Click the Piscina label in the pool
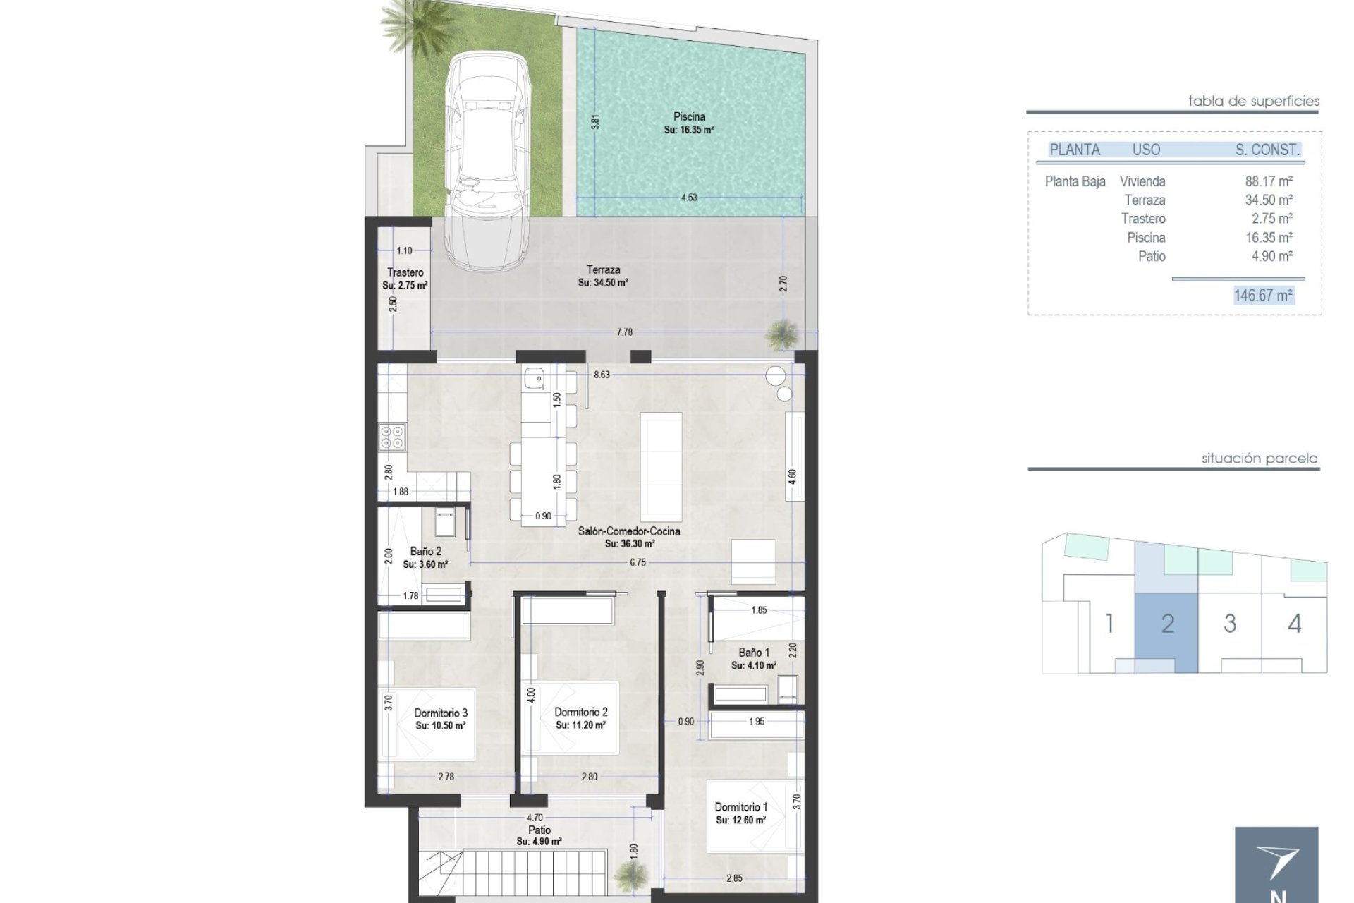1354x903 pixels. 689,117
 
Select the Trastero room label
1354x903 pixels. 405,273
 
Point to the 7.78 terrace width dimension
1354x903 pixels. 625,332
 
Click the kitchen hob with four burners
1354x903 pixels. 392,437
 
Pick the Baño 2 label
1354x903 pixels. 426,552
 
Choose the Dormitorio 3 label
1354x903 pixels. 441,713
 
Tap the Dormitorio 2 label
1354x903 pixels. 581,713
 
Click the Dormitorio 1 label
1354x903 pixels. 741,807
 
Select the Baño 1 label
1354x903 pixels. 754,653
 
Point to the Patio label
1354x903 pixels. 539,830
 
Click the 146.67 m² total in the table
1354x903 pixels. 1263,296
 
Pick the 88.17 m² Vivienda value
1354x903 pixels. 1269,182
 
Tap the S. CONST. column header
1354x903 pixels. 1267,150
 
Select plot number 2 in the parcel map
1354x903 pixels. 1168,624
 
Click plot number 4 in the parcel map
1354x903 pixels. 1295,624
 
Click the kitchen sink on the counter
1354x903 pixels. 535,380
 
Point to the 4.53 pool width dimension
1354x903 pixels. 689,198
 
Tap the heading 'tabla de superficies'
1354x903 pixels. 1253,101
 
